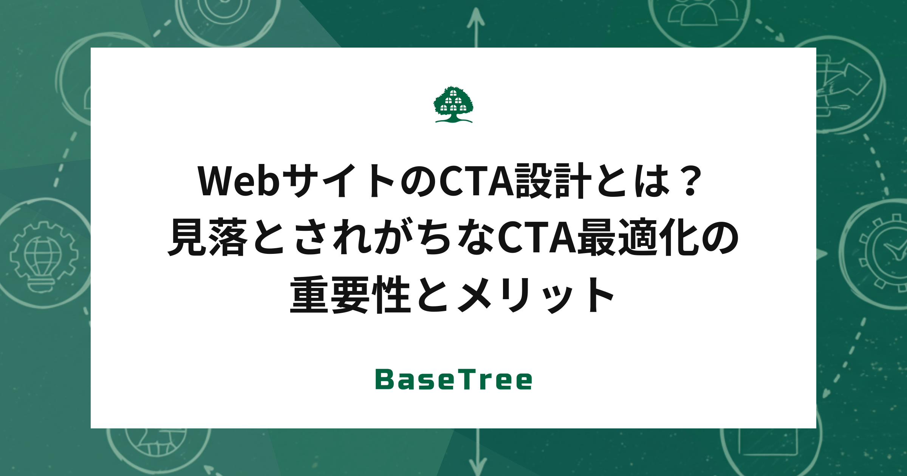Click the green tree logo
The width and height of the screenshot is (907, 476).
(x=453, y=104)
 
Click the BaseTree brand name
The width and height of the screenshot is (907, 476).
(x=453, y=380)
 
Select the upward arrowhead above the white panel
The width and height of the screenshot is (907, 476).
(x=476, y=17)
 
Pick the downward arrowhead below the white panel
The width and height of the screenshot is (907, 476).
(x=478, y=467)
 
